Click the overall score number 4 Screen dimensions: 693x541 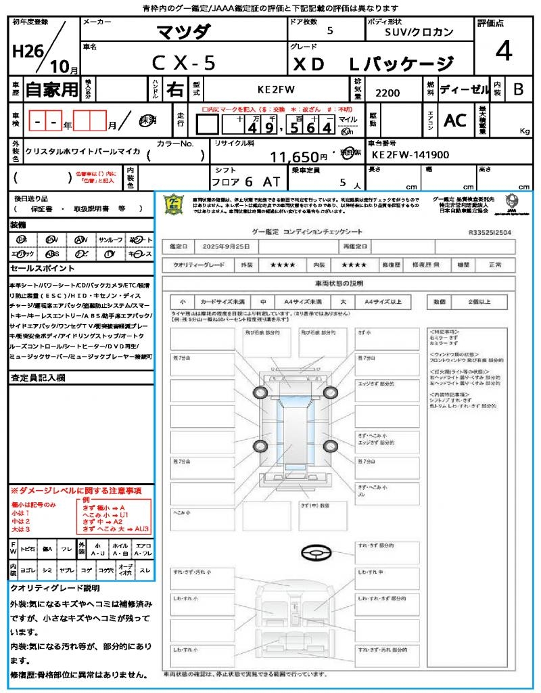point(503,52)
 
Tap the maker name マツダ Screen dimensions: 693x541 point(184,32)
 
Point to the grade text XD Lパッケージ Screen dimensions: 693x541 point(373,64)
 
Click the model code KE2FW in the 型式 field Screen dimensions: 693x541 point(277,89)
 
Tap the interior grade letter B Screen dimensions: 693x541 point(518,89)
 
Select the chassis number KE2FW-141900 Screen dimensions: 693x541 point(410,155)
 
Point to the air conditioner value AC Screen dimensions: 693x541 point(454,120)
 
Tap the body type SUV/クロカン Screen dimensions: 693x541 point(419,32)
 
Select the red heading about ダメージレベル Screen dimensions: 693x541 point(76,490)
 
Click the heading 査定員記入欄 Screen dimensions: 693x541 point(37,378)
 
